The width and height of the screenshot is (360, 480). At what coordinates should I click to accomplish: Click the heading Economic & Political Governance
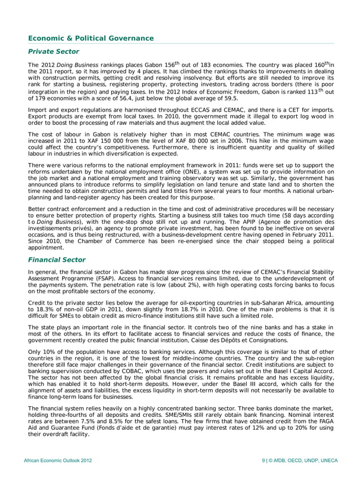[91, 38]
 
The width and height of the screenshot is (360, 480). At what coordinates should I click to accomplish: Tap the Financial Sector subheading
[57, 260]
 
